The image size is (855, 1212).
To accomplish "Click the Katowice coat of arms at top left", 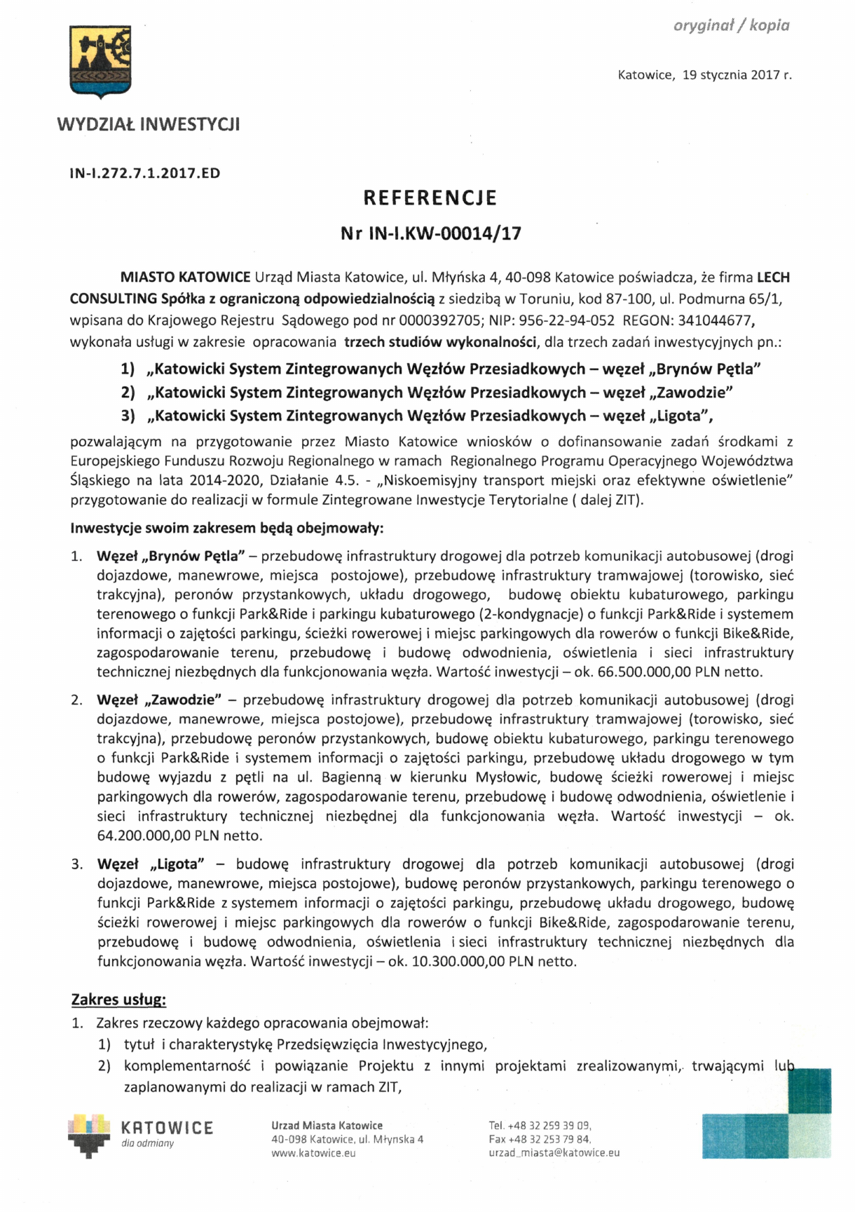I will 100,60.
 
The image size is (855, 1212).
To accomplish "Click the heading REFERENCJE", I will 430,198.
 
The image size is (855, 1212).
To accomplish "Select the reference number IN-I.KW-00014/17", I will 444,234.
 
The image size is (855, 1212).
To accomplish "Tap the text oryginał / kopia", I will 731,26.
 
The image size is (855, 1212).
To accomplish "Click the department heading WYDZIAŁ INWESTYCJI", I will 149,125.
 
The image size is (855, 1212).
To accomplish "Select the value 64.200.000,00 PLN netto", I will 179,836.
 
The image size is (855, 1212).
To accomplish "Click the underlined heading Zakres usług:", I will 119,1000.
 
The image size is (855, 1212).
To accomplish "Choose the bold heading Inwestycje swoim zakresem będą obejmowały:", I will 227,529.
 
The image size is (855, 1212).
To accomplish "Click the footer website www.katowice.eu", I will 313,1153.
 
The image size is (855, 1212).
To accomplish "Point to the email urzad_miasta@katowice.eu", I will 554,1153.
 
